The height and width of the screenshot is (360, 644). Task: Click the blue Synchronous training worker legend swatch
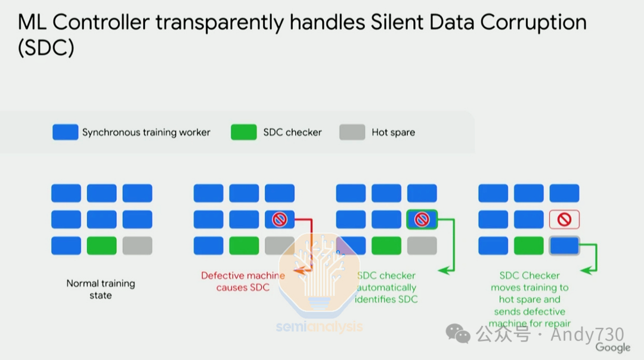click(65, 132)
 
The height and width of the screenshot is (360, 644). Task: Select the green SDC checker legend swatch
click(243, 132)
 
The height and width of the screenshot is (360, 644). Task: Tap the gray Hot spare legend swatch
click(352, 132)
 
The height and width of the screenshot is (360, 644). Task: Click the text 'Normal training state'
click(101, 289)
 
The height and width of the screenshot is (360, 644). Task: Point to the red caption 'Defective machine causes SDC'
click(243, 281)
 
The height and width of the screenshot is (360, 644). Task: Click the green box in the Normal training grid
click(101, 246)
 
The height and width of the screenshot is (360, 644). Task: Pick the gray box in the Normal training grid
click(137, 246)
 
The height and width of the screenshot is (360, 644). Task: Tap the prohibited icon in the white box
click(564, 219)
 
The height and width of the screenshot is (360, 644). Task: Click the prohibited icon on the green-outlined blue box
click(422, 219)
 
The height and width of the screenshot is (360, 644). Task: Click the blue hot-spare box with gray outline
click(564, 246)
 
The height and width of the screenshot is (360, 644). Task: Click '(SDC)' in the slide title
click(46, 48)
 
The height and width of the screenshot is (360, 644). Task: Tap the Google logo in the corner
click(612, 347)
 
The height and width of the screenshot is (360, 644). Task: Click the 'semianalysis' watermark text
click(319, 327)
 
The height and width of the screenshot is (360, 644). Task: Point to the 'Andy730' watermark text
click(587, 334)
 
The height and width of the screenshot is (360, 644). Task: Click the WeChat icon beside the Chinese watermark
click(459, 334)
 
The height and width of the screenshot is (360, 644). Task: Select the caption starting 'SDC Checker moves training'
click(530, 299)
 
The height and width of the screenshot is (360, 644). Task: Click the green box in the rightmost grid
click(528, 246)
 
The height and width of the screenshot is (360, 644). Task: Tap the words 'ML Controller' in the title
click(83, 23)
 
